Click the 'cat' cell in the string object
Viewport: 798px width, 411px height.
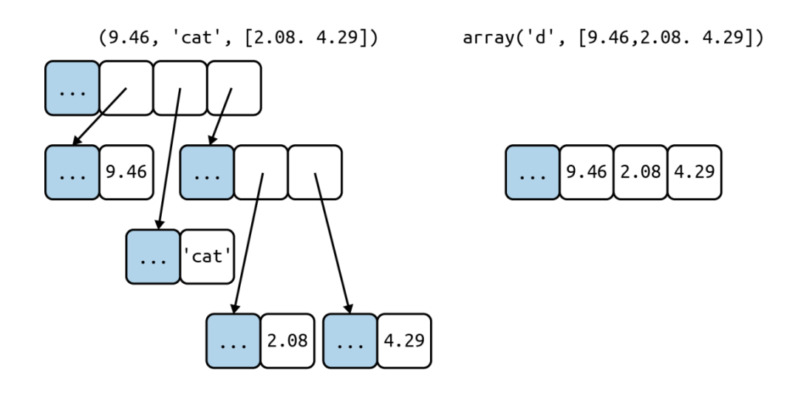pyautogui.click(x=207, y=257)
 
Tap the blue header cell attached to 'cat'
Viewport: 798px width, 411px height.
pyautogui.click(x=153, y=257)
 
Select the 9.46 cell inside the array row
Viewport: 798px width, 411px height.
pyautogui.click(x=586, y=172)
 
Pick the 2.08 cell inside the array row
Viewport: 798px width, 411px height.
pyautogui.click(x=640, y=172)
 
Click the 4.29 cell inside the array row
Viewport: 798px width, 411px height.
pyautogui.click(x=694, y=172)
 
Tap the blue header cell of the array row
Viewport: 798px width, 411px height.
pyautogui.click(x=532, y=172)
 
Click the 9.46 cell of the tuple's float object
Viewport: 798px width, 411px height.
pyautogui.click(x=126, y=172)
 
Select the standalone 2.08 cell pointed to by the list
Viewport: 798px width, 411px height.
pyautogui.click(x=287, y=341)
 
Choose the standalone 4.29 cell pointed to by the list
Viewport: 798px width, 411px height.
pyautogui.click(x=404, y=341)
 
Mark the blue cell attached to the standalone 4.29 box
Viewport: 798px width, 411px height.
pyautogui.click(x=350, y=341)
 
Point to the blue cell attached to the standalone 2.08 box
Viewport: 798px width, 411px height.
pyautogui.click(x=233, y=341)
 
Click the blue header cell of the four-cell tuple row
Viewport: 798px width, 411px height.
pyautogui.click(x=72, y=88)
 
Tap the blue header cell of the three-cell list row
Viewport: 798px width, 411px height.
pyautogui.click(x=207, y=172)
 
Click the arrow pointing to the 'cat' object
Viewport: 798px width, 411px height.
pyautogui.click(x=169, y=159)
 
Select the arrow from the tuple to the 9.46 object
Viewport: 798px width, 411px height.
pyautogui.click(x=99, y=117)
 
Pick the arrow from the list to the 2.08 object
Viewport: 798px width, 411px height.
pyautogui.click(x=248, y=243)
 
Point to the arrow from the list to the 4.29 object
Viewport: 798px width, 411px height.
pyautogui.click(x=332, y=243)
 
